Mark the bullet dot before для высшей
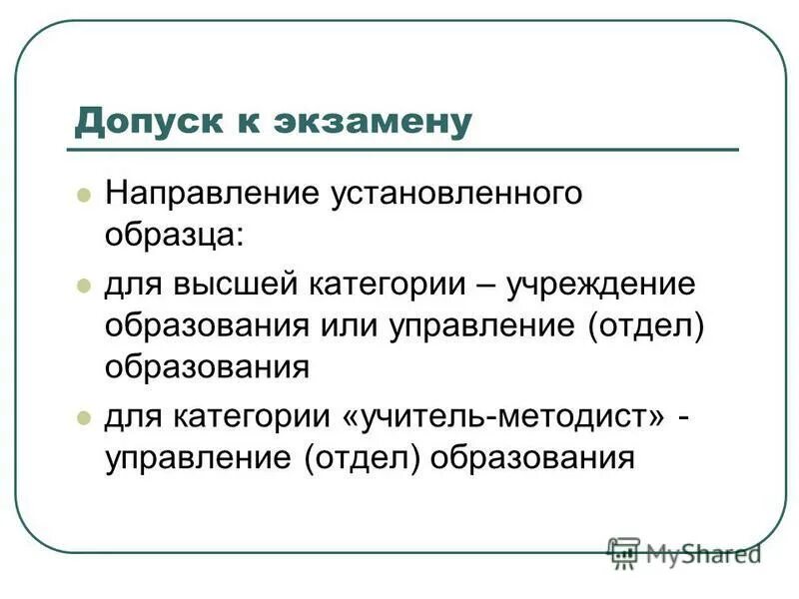click(84, 286)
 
